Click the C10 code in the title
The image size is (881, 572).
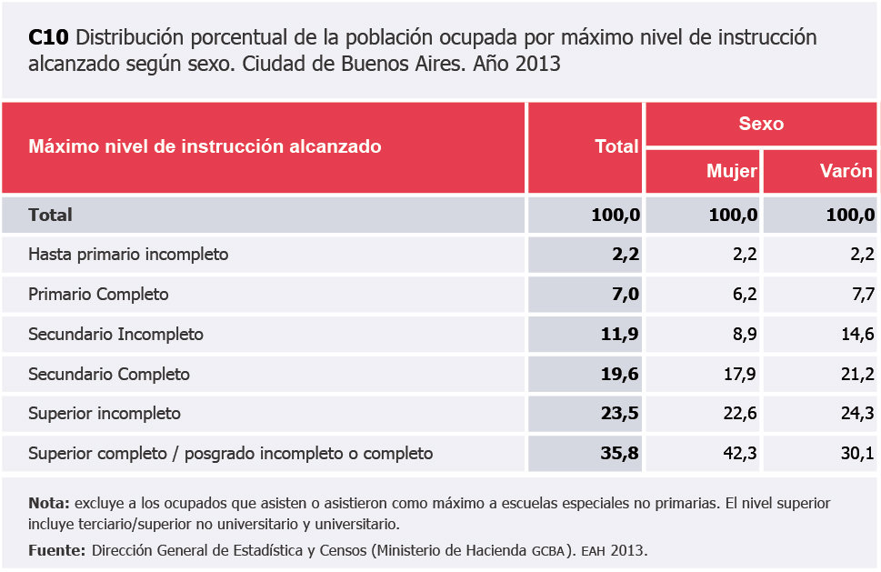tap(48, 38)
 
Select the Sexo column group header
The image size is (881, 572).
tap(761, 124)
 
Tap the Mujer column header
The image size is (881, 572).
tap(732, 171)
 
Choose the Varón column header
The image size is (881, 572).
tap(846, 171)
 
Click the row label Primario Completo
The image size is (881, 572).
tap(98, 295)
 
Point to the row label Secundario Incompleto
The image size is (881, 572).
tap(115, 335)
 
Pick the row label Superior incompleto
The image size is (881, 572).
tap(105, 414)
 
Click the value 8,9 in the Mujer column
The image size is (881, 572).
tap(746, 335)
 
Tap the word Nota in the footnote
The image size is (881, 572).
tap(48, 503)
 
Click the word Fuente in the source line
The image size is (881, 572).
tap(56, 550)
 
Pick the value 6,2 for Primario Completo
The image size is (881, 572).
tap(746, 295)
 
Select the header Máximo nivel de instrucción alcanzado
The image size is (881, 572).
tap(205, 146)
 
